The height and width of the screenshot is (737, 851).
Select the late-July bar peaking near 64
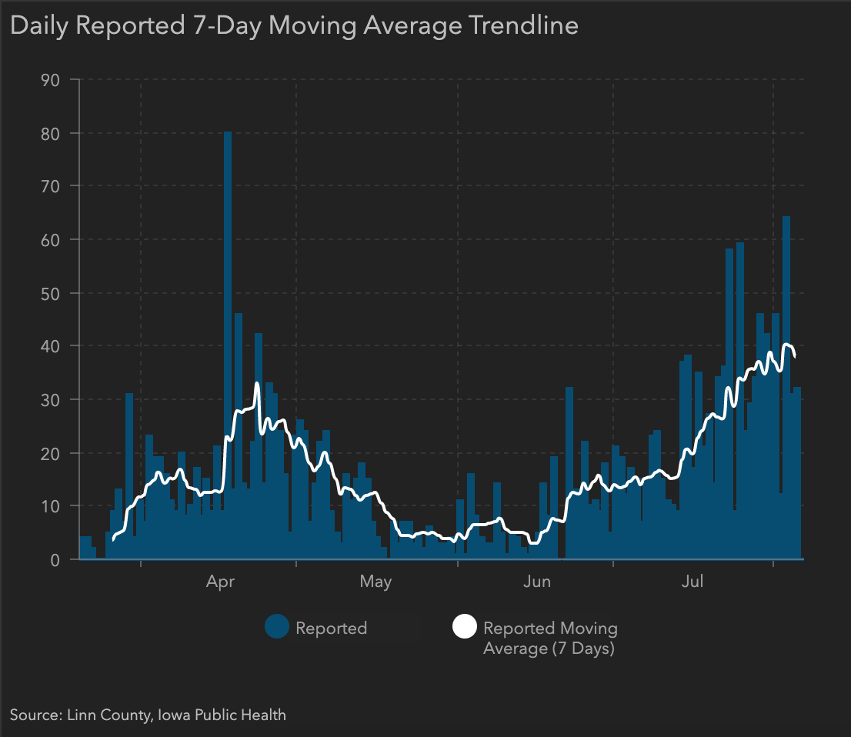786,385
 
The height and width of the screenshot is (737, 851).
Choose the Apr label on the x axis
220,582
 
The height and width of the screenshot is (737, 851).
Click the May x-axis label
375,582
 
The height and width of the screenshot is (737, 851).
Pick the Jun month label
536,582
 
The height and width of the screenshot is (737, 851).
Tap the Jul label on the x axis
692,582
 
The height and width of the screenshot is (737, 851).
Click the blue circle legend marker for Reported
276,628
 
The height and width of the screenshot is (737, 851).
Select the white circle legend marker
464,628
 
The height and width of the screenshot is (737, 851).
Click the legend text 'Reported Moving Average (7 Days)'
549,638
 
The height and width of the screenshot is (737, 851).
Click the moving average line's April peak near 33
257,384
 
